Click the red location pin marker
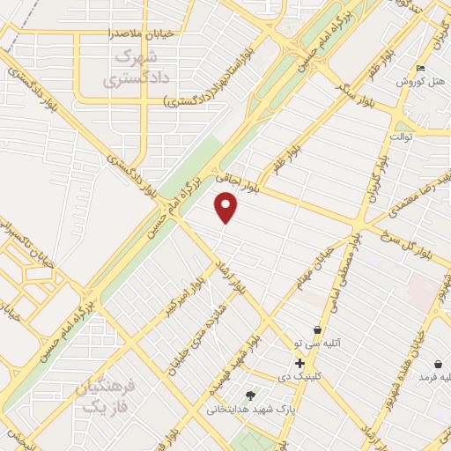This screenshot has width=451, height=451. [x=226, y=208]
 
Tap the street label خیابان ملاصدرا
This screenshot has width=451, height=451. [x=135, y=33]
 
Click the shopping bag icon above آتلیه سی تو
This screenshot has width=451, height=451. [x=317, y=329]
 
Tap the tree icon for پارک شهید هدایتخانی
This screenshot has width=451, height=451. [x=250, y=395]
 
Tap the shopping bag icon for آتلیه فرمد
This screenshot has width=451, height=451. [x=439, y=364]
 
